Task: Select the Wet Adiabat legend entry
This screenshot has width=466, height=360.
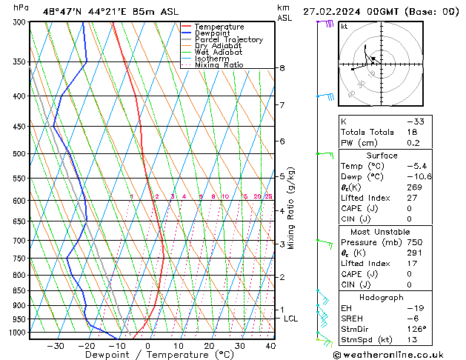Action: tap(220, 52)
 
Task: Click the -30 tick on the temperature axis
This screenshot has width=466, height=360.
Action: tap(56, 346)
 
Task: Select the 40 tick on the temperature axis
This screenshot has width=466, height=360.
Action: tap(270, 346)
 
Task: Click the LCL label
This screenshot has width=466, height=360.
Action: tap(290, 319)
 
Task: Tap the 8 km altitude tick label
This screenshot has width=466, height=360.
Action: tap(282, 68)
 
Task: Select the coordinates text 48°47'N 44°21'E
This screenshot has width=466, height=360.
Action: tap(82, 11)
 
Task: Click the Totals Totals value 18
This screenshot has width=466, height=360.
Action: tap(413, 131)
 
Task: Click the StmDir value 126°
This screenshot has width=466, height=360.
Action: tap(415, 329)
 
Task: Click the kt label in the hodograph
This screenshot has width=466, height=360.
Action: tap(344, 26)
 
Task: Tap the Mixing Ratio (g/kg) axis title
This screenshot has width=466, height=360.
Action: tap(292, 207)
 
